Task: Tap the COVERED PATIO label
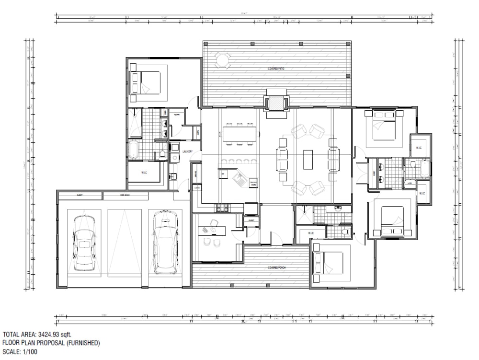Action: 276,69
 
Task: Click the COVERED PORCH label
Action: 277,267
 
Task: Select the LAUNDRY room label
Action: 187,152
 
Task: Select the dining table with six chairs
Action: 239,134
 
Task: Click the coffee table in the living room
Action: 308,160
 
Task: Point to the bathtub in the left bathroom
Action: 134,150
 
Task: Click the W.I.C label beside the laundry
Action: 143,173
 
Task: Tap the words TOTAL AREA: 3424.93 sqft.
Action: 37,335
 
